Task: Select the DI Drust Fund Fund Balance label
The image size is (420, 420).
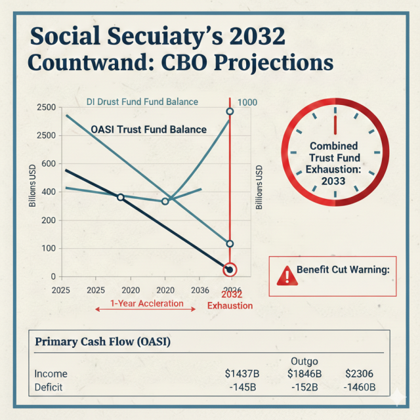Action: coord(142,102)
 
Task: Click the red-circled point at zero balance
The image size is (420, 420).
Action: coord(230,270)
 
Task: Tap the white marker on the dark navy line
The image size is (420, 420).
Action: coord(120,197)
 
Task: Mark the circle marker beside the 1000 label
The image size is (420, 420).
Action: coord(230,112)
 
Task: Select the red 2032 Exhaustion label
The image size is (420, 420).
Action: coord(230,301)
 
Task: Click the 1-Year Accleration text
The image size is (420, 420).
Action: coord(146,304)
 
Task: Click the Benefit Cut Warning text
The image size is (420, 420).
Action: coord(334,270)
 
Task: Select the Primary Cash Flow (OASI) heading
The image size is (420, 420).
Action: coord(102,342)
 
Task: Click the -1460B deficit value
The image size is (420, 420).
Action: coord(360,387)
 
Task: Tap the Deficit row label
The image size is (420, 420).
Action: coord(49,387)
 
